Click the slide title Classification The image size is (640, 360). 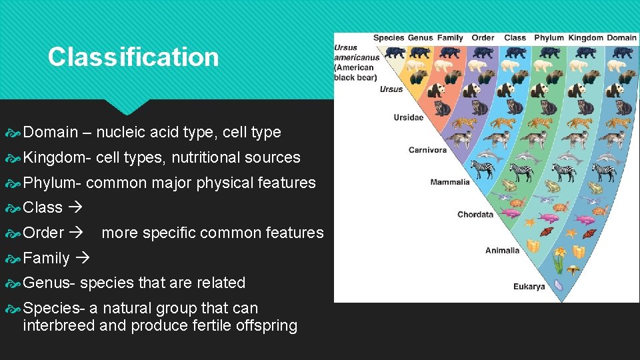pos(133,57)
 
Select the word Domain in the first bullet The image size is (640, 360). pos(51,133)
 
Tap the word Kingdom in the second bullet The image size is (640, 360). pos(56,158)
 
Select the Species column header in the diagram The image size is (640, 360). pos(388,38)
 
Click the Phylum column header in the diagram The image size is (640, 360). pos(549,38)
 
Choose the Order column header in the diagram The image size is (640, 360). pos(483,38)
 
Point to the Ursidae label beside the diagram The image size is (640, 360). pos(408,118)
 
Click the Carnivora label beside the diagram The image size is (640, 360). pos(427,150)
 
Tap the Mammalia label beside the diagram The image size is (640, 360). pos(450,182)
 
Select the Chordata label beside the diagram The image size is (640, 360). pos(475,215)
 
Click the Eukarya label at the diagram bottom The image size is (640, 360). pos(529,287)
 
